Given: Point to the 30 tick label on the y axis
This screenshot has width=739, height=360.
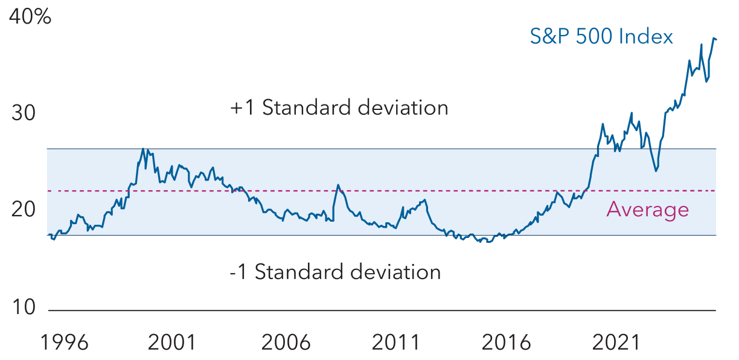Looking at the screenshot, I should click(24, 114).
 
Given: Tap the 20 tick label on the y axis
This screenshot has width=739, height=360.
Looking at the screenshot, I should click(24, 211).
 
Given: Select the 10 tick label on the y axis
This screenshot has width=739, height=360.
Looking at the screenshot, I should click(24, 308).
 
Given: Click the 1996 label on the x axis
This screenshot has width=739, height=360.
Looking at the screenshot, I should click(64, 343).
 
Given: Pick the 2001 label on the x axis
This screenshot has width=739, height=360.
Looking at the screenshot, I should click(172, 343).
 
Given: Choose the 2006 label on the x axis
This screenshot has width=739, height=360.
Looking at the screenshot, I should click(286, 343).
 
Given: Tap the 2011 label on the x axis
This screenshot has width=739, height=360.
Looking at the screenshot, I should click(395, 343).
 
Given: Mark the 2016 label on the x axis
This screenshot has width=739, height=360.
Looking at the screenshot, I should click(507, 343).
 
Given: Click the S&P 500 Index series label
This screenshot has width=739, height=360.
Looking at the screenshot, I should click(601, 37).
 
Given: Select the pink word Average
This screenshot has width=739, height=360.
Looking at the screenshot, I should click(647, 210).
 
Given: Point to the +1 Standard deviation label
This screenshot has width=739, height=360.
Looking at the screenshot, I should click(339, 108).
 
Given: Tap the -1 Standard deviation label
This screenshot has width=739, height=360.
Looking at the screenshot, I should click(335, 272).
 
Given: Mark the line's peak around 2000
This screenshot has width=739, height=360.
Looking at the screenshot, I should click(143, 149).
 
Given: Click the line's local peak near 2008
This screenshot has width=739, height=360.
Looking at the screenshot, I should click(338, 185).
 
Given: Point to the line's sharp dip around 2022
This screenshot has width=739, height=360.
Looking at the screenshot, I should click(656, 171).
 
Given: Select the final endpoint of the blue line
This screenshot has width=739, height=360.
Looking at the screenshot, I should click(716, 39).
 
